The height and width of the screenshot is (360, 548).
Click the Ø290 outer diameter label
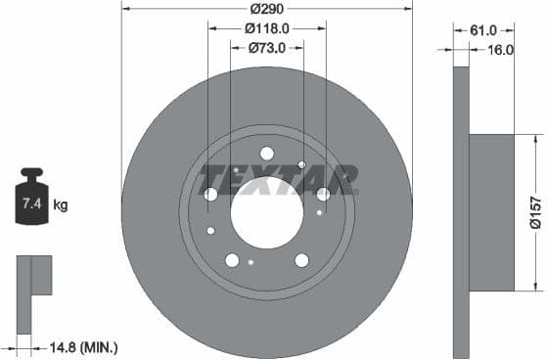(x=267, y=8)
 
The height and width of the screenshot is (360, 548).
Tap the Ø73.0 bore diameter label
(x=267, y=47)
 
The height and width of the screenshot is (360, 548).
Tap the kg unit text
(x=61, y=204)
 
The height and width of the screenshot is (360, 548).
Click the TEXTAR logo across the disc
(x=278, y=180)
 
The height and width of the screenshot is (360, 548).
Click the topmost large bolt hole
(x=267, y=153)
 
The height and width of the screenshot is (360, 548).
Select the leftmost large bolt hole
(x=210, y=194)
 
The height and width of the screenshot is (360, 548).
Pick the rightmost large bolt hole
(x=323, y=194)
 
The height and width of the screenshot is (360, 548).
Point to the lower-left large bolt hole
(x=232, y=259)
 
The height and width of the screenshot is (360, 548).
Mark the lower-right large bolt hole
(x=301, y=259)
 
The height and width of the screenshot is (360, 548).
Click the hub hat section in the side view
(x=492, y=211)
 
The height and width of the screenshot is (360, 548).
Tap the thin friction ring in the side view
(x=462, y=211)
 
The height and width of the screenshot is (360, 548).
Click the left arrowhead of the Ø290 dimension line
(x=125, y=8)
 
